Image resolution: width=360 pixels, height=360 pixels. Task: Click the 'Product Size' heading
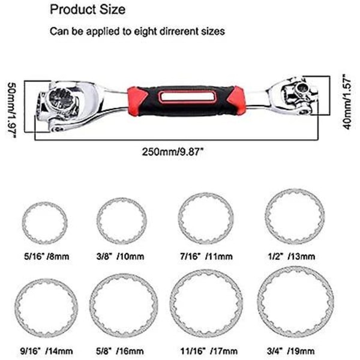(88, 10)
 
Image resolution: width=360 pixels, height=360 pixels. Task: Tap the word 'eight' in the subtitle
(146, 31)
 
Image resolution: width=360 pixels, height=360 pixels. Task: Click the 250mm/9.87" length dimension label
(173, 152)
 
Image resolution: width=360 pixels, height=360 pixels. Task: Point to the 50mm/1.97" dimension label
(12, 110)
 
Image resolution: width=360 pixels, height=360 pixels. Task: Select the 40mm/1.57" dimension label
(347, 101)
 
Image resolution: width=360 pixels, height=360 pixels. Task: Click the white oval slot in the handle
(188, 97)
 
